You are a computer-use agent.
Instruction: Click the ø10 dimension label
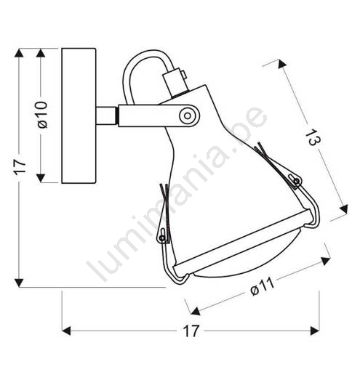(42, 115)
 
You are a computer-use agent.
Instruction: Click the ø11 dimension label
(262, 287)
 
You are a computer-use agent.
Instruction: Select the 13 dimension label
(313, 137)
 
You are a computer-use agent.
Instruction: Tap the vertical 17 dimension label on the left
(20, 167)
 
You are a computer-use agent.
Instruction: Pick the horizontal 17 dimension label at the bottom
(191, 331)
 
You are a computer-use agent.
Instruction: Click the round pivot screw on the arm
(188, 115)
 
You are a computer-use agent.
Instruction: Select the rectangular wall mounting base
(79, 115)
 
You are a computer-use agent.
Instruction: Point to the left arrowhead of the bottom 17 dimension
(66, 331)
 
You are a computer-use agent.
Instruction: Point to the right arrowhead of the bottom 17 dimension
(315, 331)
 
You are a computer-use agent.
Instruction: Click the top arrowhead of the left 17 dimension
(19, 53)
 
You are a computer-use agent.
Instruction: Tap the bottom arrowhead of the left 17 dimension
(19, 283)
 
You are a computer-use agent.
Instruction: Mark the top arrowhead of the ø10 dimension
(41, 53)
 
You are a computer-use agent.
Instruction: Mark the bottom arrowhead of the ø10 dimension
(41, 178)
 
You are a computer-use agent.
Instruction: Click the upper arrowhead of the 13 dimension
(282, 64)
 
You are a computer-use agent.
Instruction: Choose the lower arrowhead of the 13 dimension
(344, 209)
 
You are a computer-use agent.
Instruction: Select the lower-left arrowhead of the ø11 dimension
(196, 311)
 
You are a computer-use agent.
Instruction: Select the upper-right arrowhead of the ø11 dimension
(325, 261)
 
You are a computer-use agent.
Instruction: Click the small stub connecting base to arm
(105, 115)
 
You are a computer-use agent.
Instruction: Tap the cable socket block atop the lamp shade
(176, 82)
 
